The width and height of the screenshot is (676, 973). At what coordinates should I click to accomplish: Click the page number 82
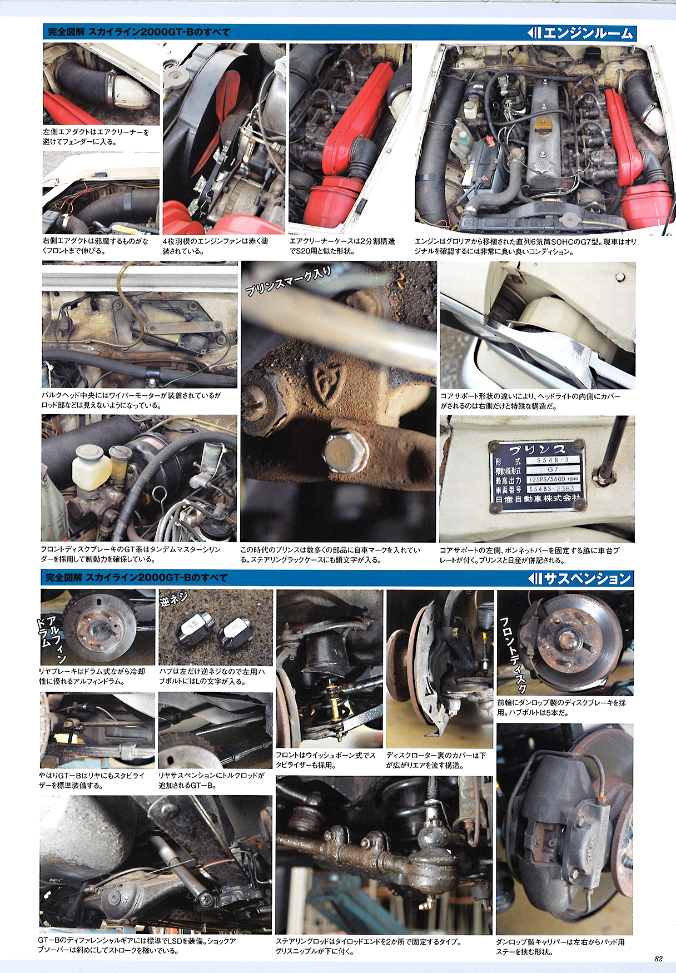658,959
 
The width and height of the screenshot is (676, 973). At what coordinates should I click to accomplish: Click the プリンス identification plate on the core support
538,474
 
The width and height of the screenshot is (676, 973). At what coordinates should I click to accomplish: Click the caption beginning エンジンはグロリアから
525,246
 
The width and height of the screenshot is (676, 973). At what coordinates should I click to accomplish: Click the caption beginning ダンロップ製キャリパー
560,947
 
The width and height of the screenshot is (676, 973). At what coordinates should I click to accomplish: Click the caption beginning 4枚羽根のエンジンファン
216,246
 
